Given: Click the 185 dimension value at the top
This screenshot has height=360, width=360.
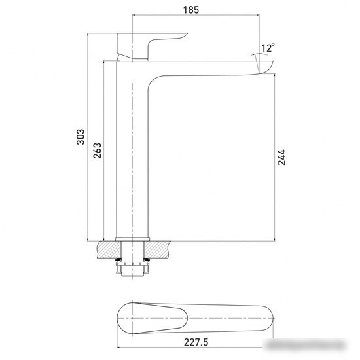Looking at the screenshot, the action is pyautogui.click(x=190, y=10).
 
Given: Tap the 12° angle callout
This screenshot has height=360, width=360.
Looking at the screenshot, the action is pyautogui.click(x=268, y=48).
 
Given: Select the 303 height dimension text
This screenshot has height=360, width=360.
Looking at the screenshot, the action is pyautogui.click(x=81, y=137).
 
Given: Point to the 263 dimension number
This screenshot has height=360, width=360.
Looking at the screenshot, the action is pyautogui.click(x=97, y=151).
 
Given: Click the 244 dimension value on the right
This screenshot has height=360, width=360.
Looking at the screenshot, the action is pyautogui.click(x=281, y=157).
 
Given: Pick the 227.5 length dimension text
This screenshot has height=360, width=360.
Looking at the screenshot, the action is pyautogui.click(x=196, y=342).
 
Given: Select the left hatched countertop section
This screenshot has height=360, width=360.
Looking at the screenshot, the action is pyautogui.click(x=109, y=249).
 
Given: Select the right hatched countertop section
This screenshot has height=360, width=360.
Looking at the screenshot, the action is pyautogui.click(x=158, y=249).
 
